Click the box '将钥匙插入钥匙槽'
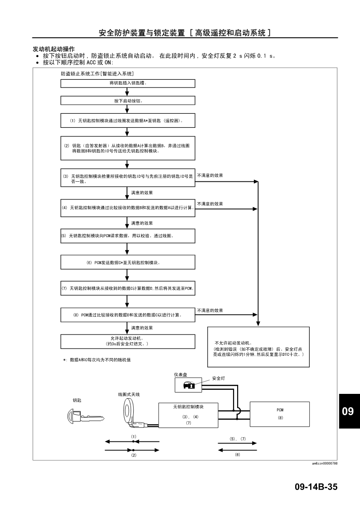pos(127,83)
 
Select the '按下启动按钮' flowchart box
pos(127,101)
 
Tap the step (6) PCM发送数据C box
pos(127,262)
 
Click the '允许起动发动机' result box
pos(127,341)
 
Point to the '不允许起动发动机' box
pos(258,347)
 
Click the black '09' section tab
pos(349,411)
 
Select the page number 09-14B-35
pos(316,487)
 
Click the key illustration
pos(85,417)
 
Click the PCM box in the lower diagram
pos(279,414)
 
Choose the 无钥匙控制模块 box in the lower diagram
pos(188,415)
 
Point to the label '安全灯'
pos(219,378)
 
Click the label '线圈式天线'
pos(129,394)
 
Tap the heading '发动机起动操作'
pos(54,49)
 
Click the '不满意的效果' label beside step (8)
pos(210,310)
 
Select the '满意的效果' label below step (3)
pos(142,193)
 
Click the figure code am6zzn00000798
pos(325,463)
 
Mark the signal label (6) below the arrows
pos(237,455)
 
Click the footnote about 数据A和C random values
pos(97,360)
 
